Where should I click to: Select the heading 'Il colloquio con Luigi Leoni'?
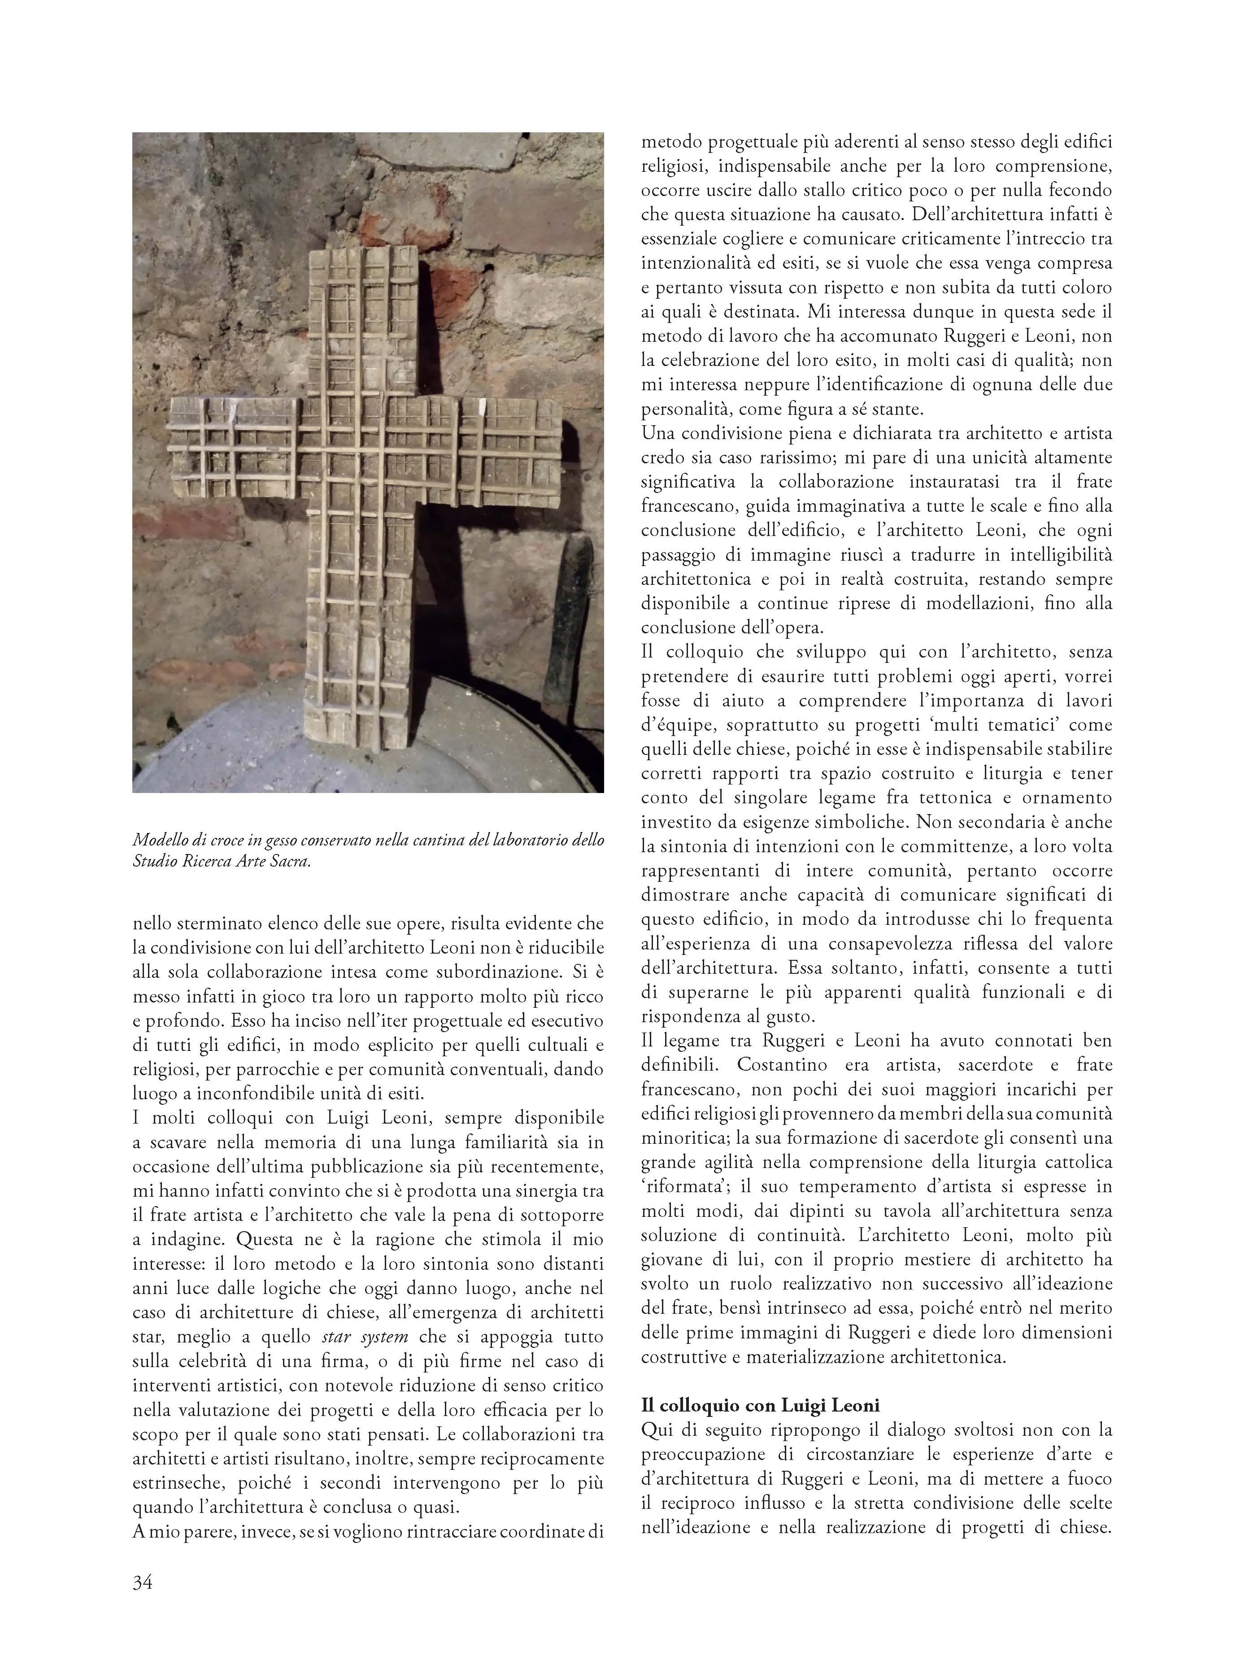pyautogui.click(x=761, y=1405)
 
